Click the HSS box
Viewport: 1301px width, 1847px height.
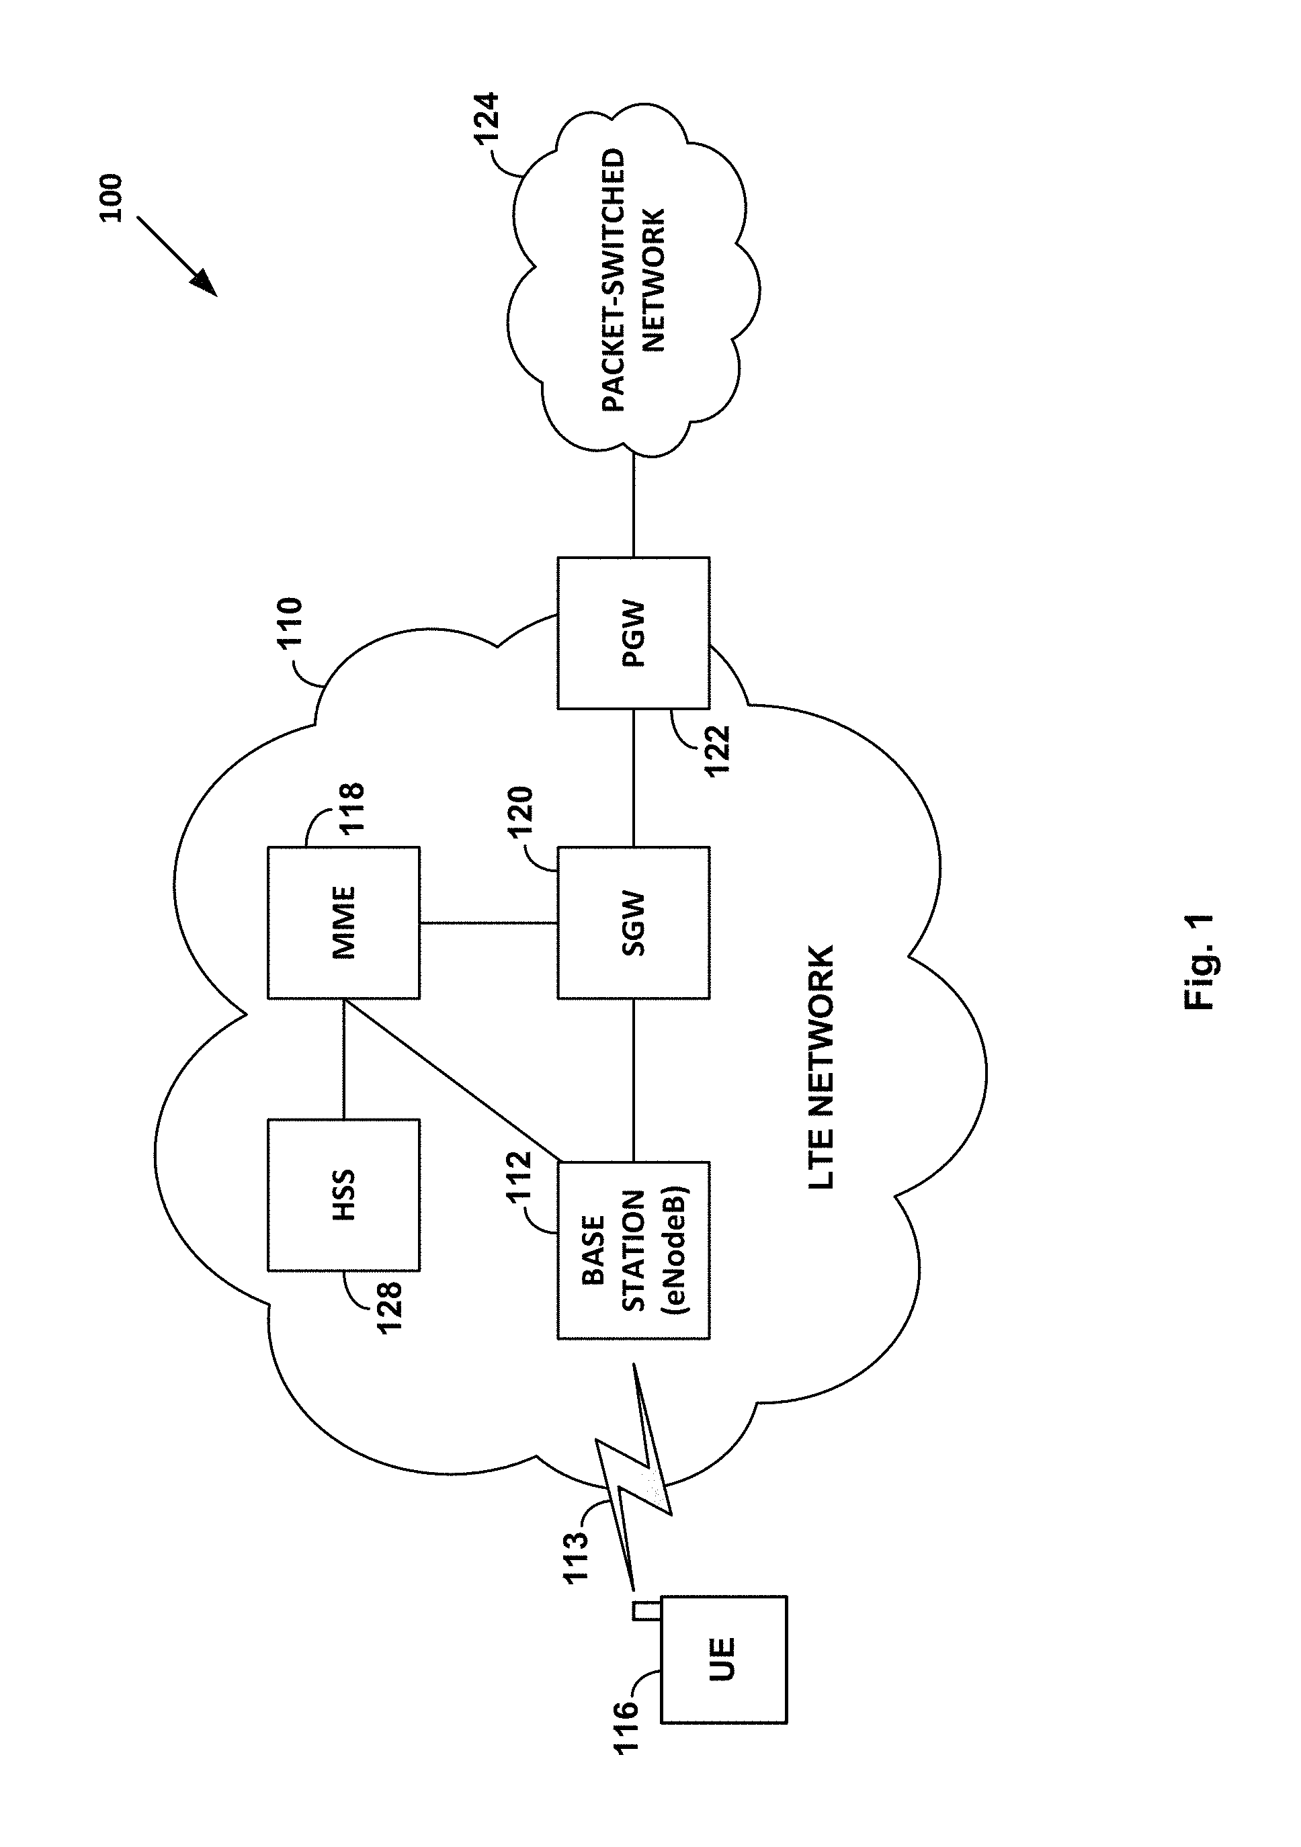pos(343,1195)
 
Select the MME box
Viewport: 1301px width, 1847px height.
pos(343,922)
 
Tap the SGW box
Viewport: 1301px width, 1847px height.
pos(633,922)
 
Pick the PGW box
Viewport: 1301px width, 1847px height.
pos(633,633)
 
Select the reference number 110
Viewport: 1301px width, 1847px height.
pos(289,623)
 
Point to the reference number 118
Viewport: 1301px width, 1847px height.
pos(351,808)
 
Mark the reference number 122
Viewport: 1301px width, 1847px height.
pos(716,750)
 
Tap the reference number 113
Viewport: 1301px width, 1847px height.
pos(576,1558)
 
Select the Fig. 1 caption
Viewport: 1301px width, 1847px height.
pos(1199,961)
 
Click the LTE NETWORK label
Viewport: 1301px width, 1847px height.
pos(821,1068)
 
